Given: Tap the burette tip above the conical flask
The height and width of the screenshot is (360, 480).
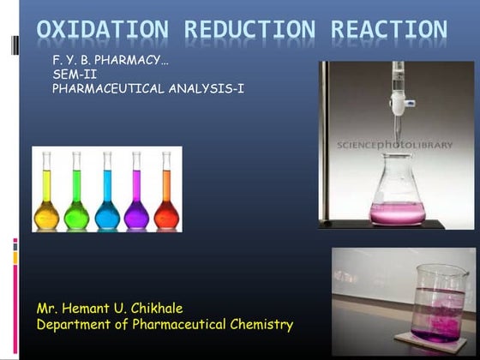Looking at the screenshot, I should click(397, 116).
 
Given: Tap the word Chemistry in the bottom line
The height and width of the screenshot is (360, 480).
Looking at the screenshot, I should click(261, 324).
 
